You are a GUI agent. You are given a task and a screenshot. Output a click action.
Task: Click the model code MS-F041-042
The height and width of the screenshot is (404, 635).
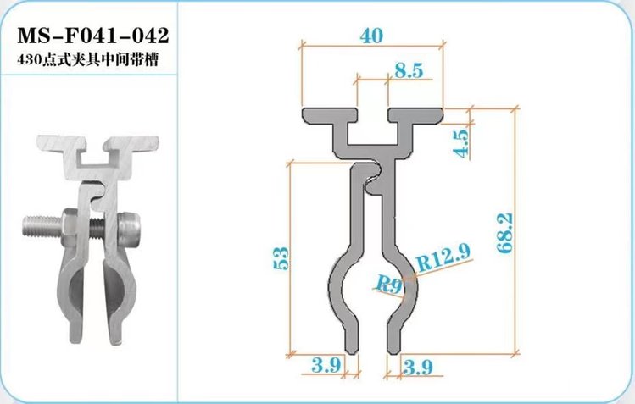click(92, 36)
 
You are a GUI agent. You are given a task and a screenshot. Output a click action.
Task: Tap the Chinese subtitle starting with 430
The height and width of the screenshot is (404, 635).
click(87, 60)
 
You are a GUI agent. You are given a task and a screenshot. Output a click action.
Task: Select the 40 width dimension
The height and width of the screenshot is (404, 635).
click(371, 36)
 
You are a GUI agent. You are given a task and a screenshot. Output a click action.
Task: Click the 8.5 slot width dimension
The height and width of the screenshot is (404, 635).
click(409, 70)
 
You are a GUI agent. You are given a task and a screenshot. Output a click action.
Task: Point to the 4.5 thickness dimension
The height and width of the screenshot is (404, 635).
click(462, 141)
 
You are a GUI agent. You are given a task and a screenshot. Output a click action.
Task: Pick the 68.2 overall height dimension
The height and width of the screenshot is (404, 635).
click(505, 233)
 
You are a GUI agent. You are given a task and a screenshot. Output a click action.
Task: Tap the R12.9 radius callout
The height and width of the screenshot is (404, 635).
click(443, 257)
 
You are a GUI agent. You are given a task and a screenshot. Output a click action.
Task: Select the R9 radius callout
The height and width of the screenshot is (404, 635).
click(389, 284)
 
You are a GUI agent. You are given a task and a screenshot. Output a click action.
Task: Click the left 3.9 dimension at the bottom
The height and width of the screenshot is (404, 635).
click(326, 365)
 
